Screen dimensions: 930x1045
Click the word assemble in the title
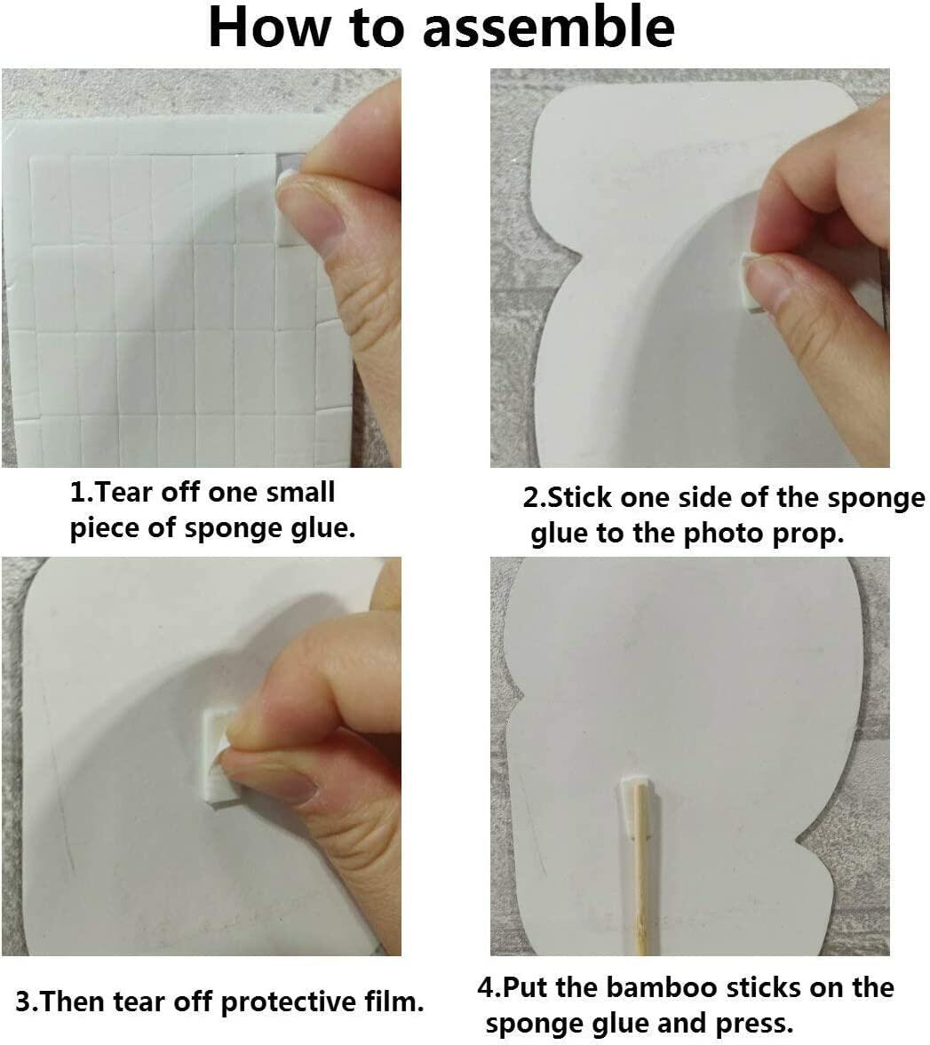[x=548, y=28]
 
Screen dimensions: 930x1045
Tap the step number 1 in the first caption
[x=77, y=493]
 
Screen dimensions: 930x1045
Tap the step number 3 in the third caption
[x=22, y=1001]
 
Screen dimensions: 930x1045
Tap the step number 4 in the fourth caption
[x=485, y=987]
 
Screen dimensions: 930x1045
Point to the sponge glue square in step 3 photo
[x=217, y=756]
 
